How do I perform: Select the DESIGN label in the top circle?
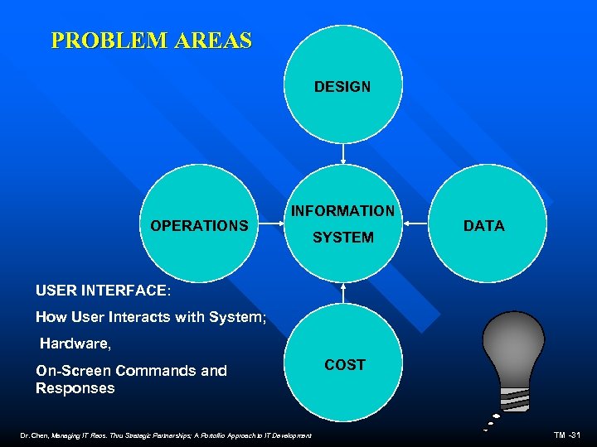342,86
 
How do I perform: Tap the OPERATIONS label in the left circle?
199,225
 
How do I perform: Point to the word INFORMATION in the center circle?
342,211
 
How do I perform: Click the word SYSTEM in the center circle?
342,238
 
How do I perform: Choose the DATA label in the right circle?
484,225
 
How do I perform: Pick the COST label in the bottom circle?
345,364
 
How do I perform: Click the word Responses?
75,387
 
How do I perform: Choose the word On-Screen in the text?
74,370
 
